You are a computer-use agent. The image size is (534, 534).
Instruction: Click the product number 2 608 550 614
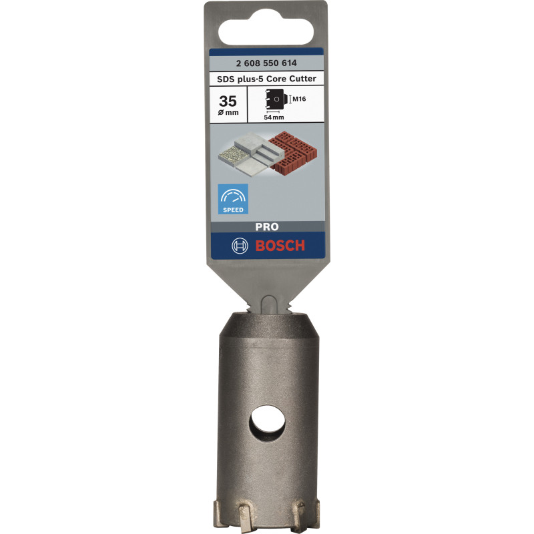[x=266, y=64]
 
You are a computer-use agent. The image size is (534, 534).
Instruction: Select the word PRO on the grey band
[x=266, y=226]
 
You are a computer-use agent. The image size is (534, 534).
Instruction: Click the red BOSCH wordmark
[x=280, y=246]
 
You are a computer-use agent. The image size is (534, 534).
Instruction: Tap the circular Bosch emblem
[x=239, y=246]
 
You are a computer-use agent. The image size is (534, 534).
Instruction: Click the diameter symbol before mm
[x=222, y=113]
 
